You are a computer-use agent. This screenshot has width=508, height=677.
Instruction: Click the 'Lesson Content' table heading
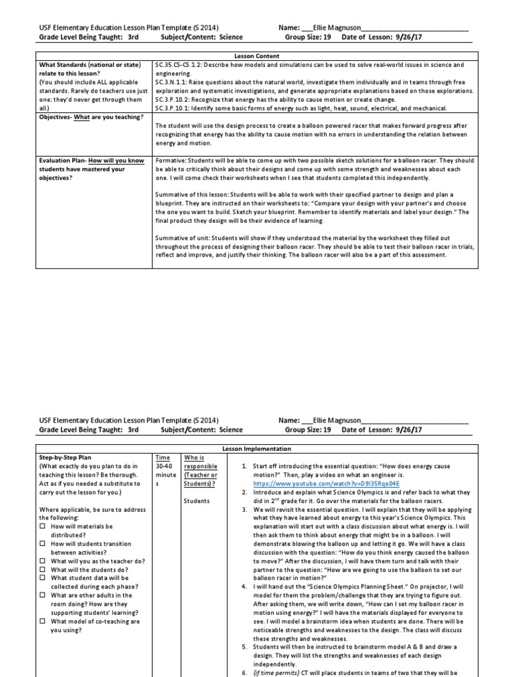pyautogui.click(x=255, y=57)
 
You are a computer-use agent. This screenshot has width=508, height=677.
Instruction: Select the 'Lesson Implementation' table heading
pyautogui.click(x=255, y=449)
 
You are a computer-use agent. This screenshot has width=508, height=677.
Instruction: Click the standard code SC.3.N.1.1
pyautogui.click(x=171, y=83)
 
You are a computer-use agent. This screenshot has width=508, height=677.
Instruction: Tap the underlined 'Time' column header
pyautogui.click(x=162, y=458)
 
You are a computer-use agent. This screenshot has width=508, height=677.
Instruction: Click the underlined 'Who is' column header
pyautogui.click(x=194, y=458)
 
